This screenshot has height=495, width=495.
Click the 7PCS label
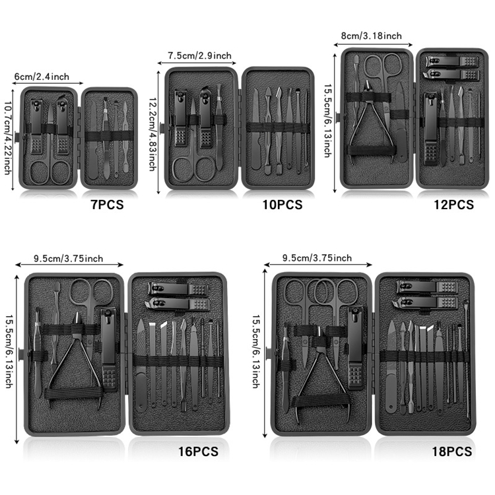tap(107, 205)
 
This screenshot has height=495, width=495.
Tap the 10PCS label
tap(282, 205)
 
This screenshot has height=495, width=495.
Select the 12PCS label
tap(453, 205)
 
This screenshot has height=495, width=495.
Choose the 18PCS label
tap(451, 452)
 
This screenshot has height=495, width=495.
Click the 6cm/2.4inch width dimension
tap(42, 77)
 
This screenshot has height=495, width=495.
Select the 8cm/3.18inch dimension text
tap(371, 36)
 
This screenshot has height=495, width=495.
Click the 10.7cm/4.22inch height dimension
tap(9, 142)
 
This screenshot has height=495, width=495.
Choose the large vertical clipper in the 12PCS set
tap(430, 129)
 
